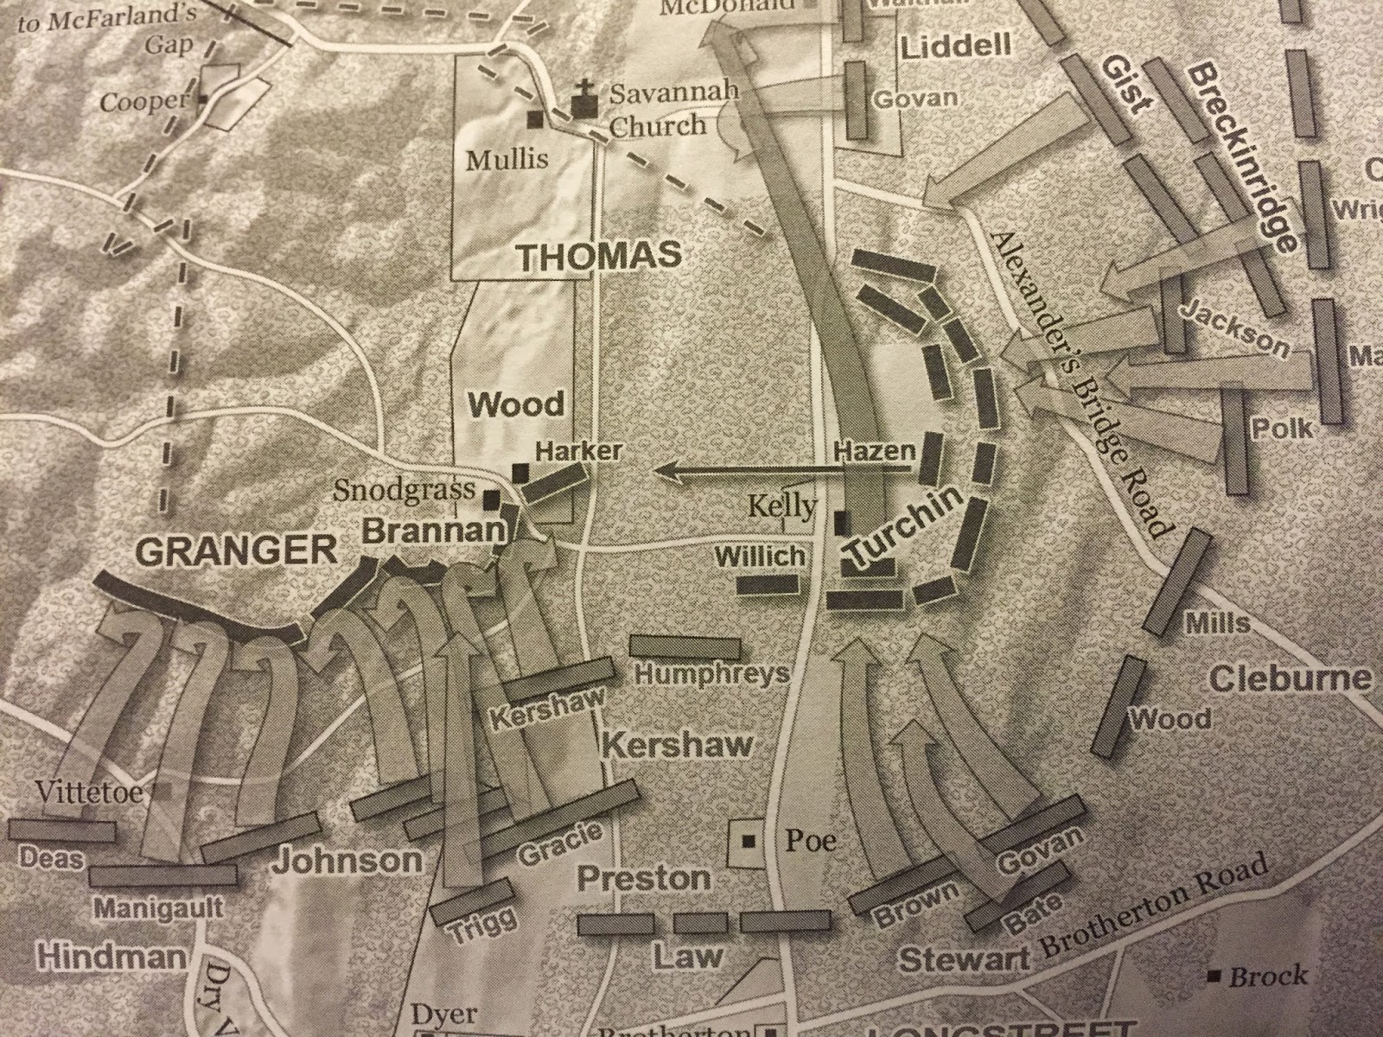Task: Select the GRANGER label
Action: pos(236,550)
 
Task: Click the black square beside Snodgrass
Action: pos(491,499)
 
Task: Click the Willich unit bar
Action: pos(766,583)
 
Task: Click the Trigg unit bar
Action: pos(470,900)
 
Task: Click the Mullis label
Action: pos(506,160)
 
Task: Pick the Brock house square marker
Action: pos(1215,977)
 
